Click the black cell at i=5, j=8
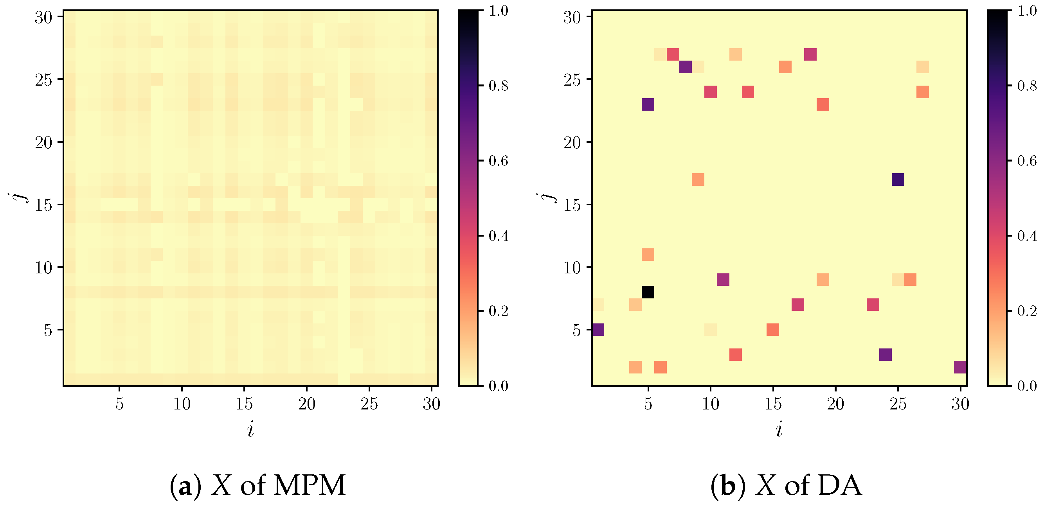point(648,292)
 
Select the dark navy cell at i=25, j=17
point(898,180)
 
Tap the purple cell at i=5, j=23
point(648,104)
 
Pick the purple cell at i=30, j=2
point(960,367)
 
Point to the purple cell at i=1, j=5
point(598,329)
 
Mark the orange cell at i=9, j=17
point(698,180)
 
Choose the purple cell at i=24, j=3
point(885,354)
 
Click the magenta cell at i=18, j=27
point(810,54)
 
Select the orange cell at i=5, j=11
point(648,255)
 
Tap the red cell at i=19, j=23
point(823,104)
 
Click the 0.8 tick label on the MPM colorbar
point(498,86)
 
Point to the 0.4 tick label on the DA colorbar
point(1027,236)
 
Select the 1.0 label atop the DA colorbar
point(1027,11)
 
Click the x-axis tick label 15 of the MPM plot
point(244,404)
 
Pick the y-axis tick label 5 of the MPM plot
point(48,330)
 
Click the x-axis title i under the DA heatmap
point(779,429)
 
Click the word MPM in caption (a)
point(310,485)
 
